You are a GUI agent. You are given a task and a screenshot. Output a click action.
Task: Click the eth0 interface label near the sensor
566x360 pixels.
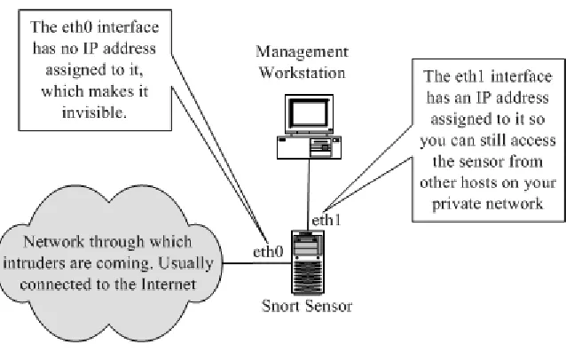pos(268,252)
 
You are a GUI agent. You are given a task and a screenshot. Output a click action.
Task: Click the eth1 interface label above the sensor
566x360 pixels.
pos(326,220)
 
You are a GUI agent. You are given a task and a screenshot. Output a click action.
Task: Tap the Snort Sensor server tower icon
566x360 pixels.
pos(308,263)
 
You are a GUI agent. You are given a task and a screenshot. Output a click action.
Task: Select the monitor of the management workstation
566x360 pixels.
pos(309,114)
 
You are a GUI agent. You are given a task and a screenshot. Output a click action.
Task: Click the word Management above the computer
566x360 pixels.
pos(303,52)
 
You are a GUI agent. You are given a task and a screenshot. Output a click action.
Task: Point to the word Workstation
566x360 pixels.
pos(303,73)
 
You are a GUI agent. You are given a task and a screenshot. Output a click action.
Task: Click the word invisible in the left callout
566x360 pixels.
pos(94,113)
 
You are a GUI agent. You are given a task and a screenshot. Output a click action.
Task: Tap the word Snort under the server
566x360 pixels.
pos(279,306)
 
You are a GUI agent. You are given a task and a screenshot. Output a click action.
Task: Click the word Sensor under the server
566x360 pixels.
pos(328,306)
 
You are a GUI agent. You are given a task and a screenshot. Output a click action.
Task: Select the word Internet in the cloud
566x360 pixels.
pos(169,285)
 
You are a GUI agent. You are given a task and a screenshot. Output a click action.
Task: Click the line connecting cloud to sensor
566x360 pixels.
pos(257,263)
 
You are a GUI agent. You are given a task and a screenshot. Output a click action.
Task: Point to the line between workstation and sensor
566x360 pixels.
pos(308,195)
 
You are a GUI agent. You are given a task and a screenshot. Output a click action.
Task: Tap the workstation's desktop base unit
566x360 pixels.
pos(309,147)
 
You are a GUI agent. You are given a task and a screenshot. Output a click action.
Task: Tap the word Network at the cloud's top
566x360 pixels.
pos(54,242)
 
